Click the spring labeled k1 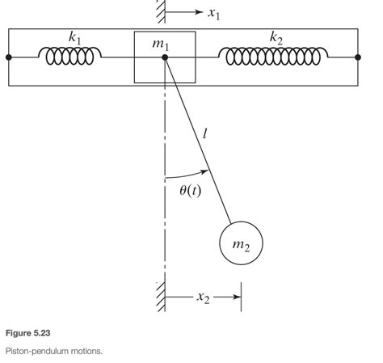[x=72, y=57]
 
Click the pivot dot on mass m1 [x=165, y=57]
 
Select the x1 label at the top [x=213, y=12]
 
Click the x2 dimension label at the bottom [x=205, y=297]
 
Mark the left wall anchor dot [x=9, y=57]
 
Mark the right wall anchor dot [x=357, y=57]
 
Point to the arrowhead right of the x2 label [x=237, y=297]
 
